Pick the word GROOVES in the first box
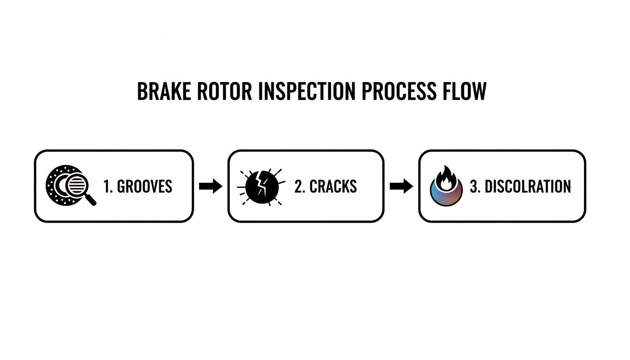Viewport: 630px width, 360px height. tap(144, 187)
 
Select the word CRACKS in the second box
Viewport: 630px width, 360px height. tap(334, 187)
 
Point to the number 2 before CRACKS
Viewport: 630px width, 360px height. tap(299, 187)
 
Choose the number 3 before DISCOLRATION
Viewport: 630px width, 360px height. tap(474, 187)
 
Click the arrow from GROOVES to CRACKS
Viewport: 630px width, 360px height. tap(210, 187)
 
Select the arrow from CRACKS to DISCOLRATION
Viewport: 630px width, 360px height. tap(401, 187)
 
